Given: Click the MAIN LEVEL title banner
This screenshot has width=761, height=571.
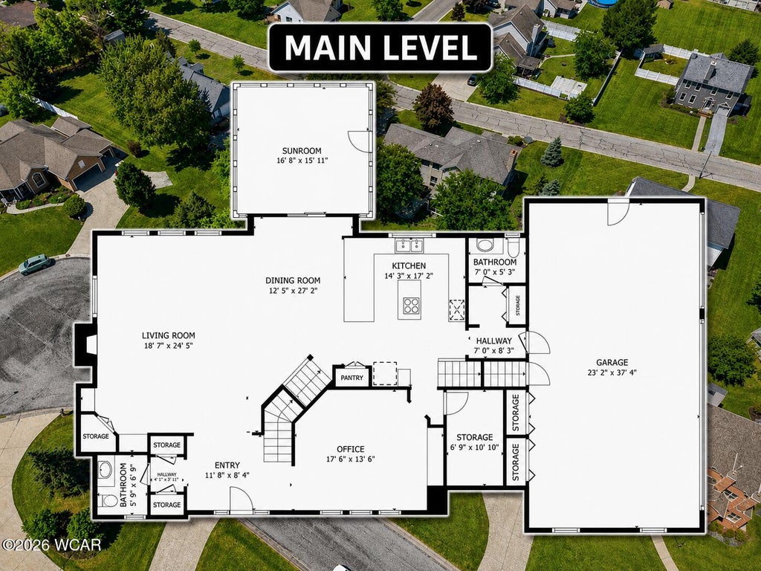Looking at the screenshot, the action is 380,48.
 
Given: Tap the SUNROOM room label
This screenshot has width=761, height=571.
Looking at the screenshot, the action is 302,151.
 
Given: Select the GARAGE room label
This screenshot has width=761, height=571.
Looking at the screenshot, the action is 612,362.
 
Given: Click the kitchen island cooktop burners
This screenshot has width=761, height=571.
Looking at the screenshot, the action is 411,306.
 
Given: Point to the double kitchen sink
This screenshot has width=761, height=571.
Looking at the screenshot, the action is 409,245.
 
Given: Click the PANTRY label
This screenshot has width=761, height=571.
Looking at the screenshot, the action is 352,378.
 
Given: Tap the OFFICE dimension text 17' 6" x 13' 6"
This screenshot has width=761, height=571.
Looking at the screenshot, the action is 351,459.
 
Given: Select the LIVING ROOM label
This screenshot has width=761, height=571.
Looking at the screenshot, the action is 169,335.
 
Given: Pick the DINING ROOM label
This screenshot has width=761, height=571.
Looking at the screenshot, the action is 293,280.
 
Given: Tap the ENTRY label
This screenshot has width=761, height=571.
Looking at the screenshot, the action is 227,465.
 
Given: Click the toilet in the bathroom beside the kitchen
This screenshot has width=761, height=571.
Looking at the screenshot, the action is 513,247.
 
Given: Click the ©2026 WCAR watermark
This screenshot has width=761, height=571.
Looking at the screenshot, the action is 51,545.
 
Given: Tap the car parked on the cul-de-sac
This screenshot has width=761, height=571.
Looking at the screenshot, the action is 36,264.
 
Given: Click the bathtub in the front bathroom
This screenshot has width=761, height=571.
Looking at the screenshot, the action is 105,470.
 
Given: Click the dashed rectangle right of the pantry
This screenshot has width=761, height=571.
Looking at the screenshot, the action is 385,373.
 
